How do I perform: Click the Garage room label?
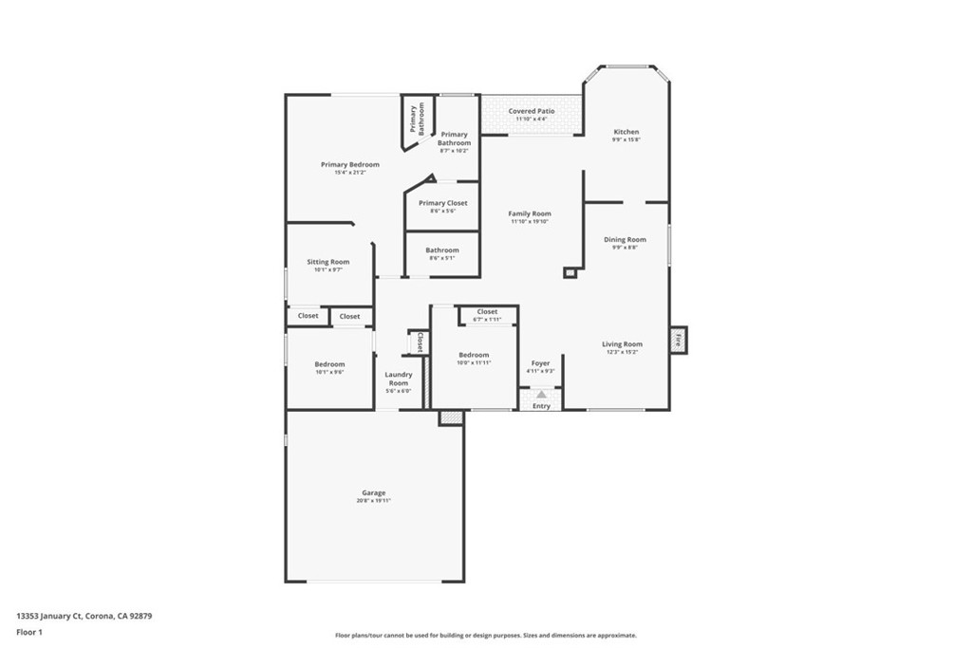(373, 492)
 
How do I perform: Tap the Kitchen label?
(626, 132)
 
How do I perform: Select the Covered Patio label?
(531, 111)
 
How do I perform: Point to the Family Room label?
(529, 213)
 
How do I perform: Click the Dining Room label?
(625, 240)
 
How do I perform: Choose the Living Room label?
(622, 344)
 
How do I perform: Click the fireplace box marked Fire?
(678, 340)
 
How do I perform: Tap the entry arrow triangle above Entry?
(541, 394)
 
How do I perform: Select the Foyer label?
(540, 363)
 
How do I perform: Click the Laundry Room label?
(398, 379)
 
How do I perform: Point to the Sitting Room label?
(327, 262)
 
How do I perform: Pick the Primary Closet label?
(442, 203)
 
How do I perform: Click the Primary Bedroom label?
(349, 165)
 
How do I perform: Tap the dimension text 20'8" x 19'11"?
(373, 501)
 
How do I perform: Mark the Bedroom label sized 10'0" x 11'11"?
(474, 355)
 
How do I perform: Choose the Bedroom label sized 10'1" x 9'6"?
(329, 364)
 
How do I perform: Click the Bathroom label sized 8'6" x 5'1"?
(442, 250)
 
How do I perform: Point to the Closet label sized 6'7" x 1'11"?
(487, 311)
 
